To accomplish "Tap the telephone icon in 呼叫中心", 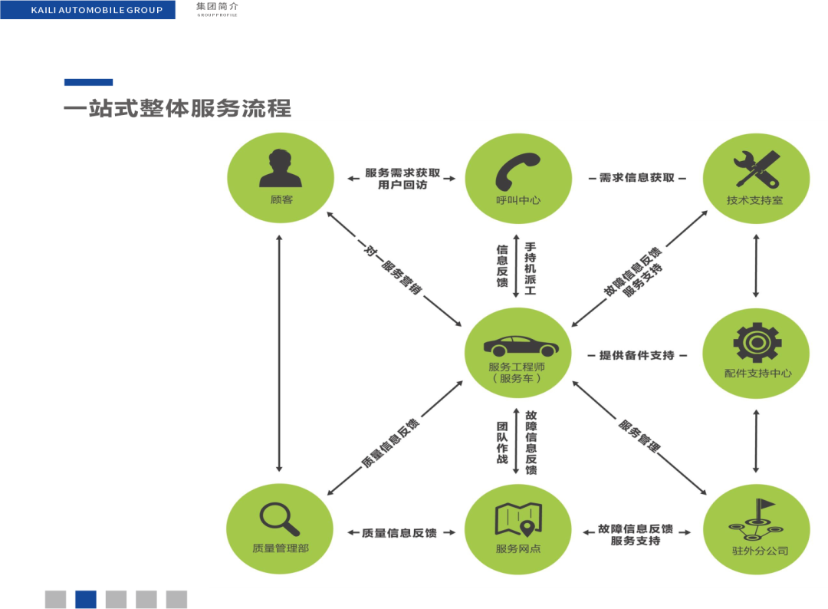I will [x=517, y=170].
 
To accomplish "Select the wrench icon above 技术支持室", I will [x=756, y=170].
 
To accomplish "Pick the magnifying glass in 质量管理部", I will [x=279, y=518].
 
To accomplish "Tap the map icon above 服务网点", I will [x=518, y=519].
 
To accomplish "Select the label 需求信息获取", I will [x=636, y=177].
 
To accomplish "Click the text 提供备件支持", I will [x=636, y=356].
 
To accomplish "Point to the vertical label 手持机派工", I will [x=530, y=268].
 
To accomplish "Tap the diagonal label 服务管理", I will [x=639, y=435].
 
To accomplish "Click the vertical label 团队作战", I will [x=502, y=443].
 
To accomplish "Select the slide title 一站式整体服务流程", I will [x=177, y=108].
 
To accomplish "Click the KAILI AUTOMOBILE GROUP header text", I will [x=97, y=10].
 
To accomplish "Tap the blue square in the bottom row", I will [x=85, y=599].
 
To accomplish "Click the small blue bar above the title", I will [x=88, y=82].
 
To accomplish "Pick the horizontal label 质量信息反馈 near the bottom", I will [x=399, y=533].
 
